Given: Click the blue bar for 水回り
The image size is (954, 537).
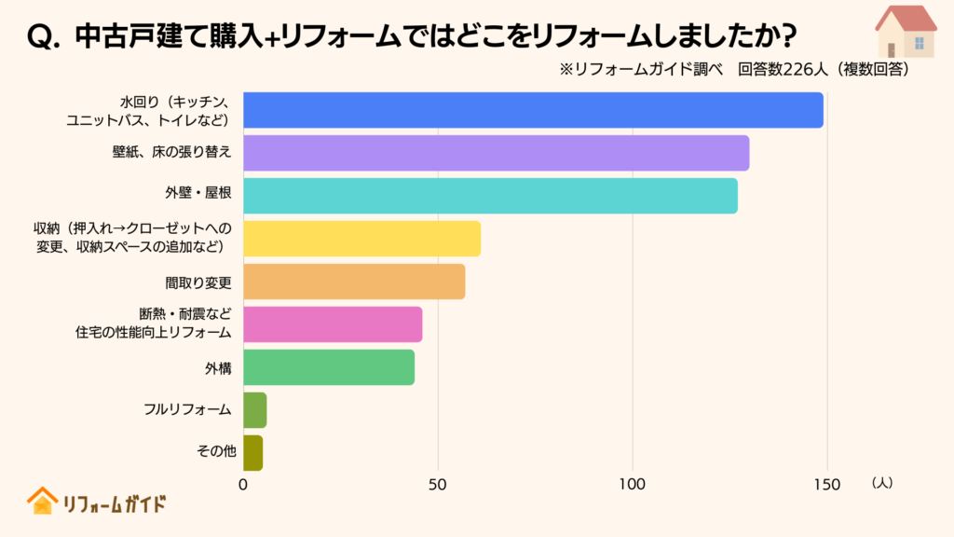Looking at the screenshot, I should (533, 110).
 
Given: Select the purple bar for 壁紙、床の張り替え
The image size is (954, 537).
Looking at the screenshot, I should (496, 153).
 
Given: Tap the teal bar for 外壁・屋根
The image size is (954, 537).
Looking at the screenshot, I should (490, 196).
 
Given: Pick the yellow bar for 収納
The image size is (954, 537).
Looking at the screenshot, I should (361, 239).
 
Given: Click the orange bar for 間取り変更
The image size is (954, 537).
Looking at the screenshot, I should (354, 282).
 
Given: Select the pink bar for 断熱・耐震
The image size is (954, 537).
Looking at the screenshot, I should (333, 324).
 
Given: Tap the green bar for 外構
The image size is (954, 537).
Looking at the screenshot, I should (329, 367).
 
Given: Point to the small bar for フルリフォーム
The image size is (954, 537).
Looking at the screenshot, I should (254, 410).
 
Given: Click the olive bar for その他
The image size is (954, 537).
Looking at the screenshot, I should (252, 453).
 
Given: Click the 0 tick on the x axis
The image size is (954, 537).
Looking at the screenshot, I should (243, 485).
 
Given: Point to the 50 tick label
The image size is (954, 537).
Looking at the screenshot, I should (438, 485).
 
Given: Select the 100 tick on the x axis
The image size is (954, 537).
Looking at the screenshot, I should (633, 485).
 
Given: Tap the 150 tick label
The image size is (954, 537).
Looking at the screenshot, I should (826, 485).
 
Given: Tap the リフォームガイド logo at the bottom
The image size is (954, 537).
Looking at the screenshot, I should (97, 503).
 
